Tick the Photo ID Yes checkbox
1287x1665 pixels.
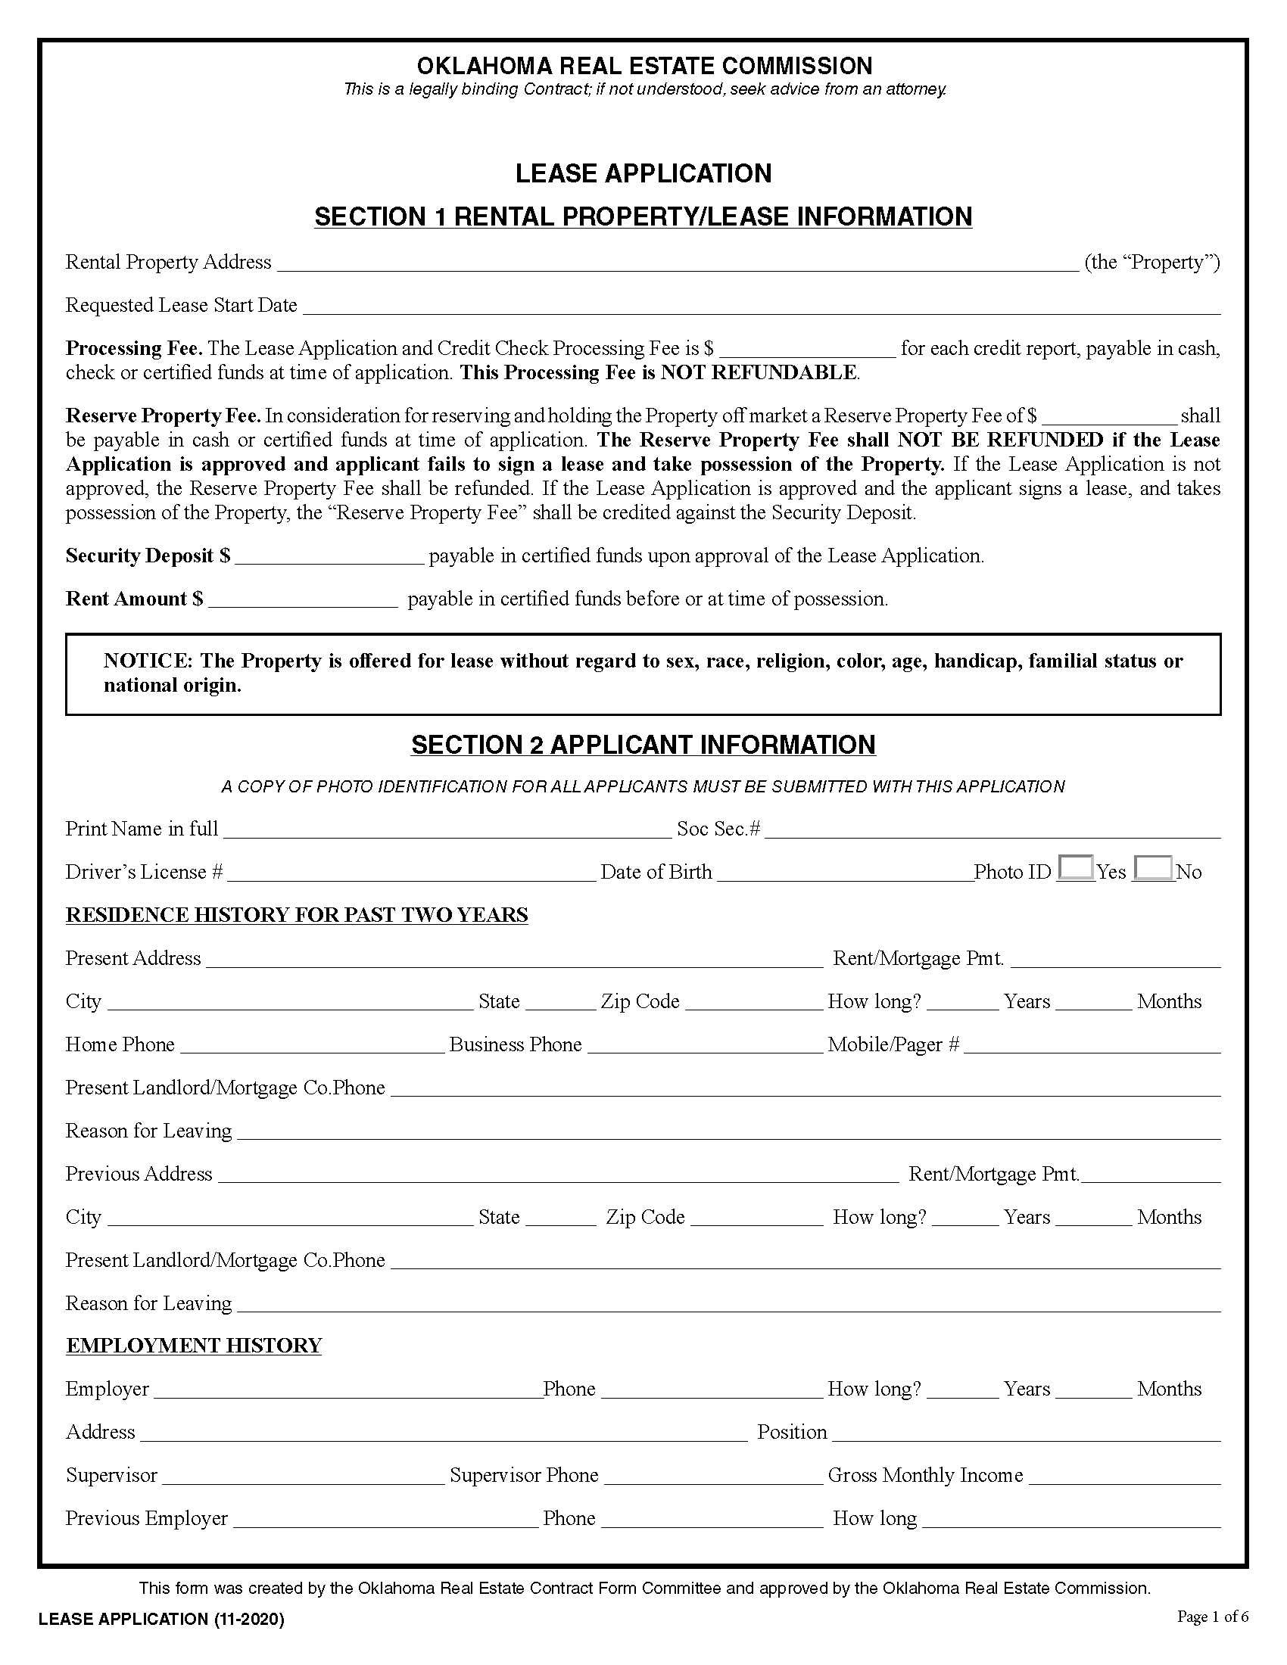click(1076, 868)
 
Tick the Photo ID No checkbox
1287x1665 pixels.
click(1153, 868)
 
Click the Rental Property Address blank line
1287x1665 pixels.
click(677, 264)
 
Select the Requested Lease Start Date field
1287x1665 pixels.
click(761, 307)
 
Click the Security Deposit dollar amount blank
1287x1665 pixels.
click(329, 557)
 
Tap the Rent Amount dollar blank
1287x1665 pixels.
click(303, 600)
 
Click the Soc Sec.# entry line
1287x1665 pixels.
click(992, 830)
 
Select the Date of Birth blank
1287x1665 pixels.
click(845, 873)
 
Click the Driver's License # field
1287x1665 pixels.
click(411, 873)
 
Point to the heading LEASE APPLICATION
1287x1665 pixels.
click(643, 174)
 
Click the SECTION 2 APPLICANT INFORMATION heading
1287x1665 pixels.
click(643, 745)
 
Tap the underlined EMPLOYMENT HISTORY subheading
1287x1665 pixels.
click(194, 1346)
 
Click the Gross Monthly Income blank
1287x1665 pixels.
click(1123, 1476)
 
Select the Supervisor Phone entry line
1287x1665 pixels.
click(713, 1476)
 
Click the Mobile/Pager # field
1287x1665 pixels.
click(1091, 1045)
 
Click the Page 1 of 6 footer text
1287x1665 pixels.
click(1212, 1617)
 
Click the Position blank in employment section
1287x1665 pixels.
click(1026, 1433)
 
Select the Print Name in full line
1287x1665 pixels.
click(447, 830)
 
